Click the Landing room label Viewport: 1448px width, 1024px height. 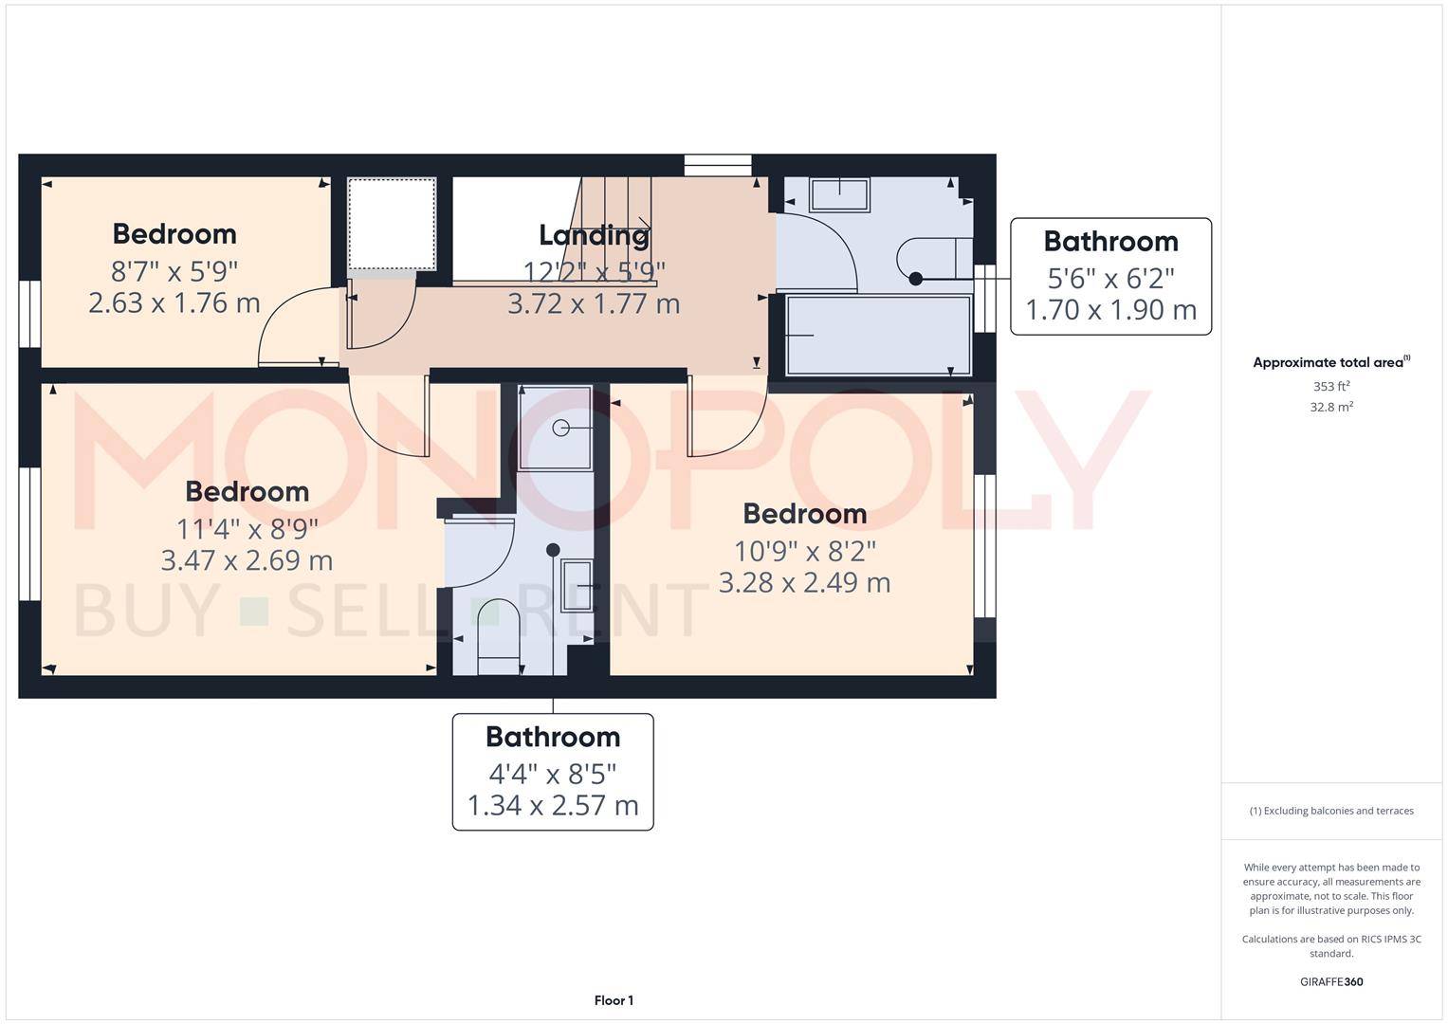click(x=594, y=234)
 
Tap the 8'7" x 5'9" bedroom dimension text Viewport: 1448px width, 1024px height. click(x=174, y=271)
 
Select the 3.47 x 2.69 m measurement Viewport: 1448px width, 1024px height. click(x=247, y=560)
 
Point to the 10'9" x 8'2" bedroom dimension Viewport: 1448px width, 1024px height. click(x=804, y=550)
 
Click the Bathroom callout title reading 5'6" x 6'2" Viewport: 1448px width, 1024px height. click(x=1110, y=242)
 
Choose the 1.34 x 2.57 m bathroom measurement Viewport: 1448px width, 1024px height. click(x=553, y=805)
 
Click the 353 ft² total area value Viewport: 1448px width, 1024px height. click(x=1330, y=387)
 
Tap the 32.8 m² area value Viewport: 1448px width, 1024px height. click(x=1330, y=407)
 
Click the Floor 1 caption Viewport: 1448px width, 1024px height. click(x=614, y=1000)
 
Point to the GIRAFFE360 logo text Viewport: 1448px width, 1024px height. click(x=1330, y=982)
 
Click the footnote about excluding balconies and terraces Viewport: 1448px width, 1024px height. click(x=1330, y=811)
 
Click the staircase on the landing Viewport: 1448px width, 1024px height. click(x=616, y=228)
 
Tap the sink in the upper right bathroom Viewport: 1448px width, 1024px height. click(x=839, y=195)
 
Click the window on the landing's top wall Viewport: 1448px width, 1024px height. click(x=718, y=165)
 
